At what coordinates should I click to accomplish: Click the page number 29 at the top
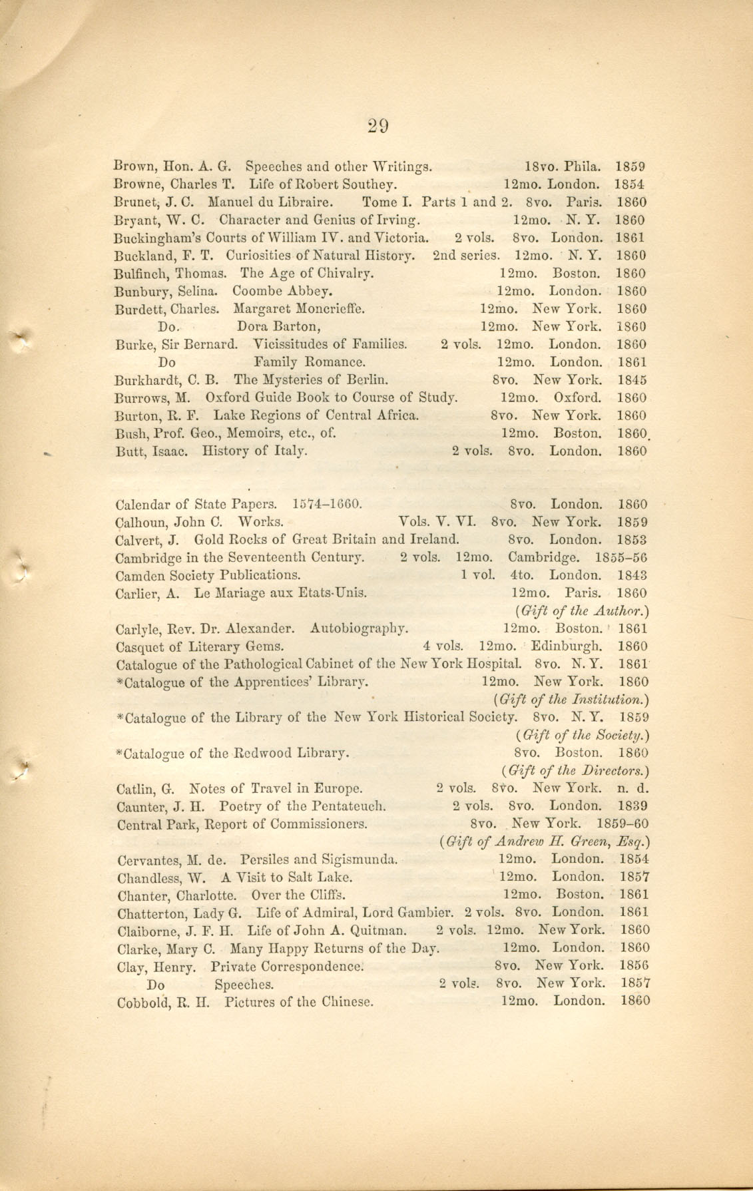377,126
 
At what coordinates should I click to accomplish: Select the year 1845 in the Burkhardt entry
631,380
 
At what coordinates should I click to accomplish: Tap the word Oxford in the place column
577,398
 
